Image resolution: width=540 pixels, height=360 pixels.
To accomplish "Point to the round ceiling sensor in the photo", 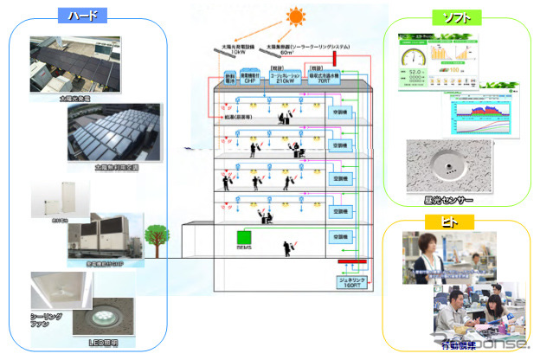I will [441, 166].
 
